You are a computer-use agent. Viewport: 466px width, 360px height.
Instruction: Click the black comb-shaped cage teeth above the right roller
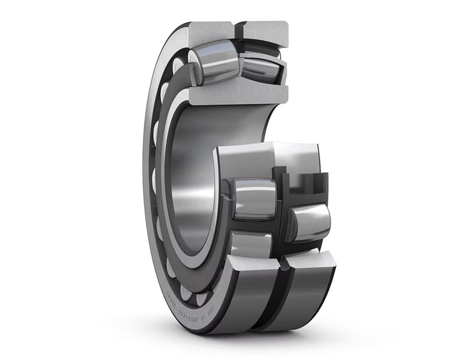[298, 180]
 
